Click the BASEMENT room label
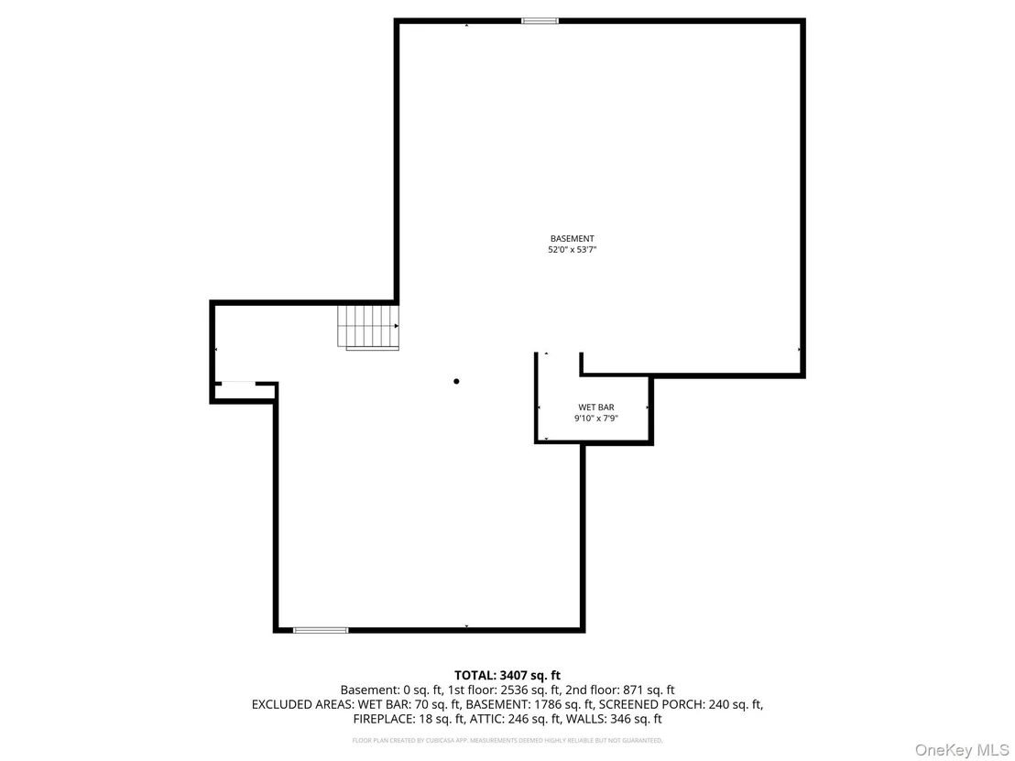(x=573, y=239)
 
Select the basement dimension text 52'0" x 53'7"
(x=573, y=250)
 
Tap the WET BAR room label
(x=596, y=408)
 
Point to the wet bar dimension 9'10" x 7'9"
(x=596, y=419)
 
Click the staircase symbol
(x=367, y=328)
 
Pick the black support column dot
(x=456, y=382)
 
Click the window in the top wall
(x=540, y=21)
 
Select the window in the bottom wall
(x=321, y=630)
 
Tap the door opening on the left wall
(x=238, y=384)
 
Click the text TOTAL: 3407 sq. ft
(x=507, y=676)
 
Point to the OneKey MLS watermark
(x=961, y=750)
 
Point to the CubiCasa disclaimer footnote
(x=507, y=740)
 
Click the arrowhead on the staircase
(x=396, y=326)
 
